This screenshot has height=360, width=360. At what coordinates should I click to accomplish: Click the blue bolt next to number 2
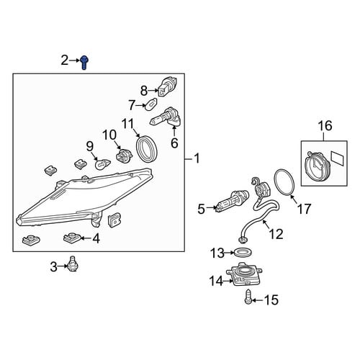coord(84,63)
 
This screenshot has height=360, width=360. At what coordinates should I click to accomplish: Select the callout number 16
coord(325,125)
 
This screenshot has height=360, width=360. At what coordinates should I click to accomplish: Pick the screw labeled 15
coord(248,297)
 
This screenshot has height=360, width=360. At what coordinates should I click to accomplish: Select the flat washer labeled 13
coord(243,253)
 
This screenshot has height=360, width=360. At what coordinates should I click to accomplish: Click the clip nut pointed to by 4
coord(73,237)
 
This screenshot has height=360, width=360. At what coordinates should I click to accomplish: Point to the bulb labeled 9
coord(103,164)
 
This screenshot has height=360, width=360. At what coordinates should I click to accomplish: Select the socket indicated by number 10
coord(123,155)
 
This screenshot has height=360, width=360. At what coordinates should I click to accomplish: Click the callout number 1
coord(197,158)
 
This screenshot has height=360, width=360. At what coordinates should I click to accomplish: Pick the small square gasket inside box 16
coord(338,158)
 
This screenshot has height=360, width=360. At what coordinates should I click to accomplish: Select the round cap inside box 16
coord(317,164)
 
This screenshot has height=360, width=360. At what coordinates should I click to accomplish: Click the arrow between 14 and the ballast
coord(228,281)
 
